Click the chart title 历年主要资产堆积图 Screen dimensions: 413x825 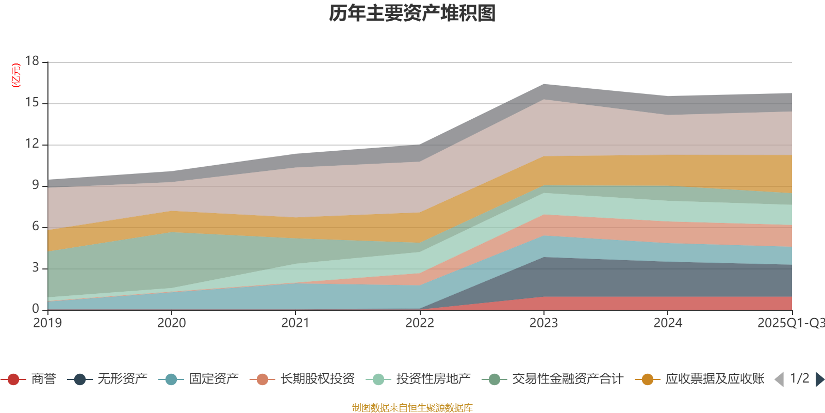click(x=412, y=13)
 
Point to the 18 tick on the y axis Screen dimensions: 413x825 click(x=32, y=61)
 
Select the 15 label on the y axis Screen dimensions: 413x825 click(x=32, y=103)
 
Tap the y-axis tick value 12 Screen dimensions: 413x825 click(x=32, y=144)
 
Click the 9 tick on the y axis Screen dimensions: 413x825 click(x=36, y=185)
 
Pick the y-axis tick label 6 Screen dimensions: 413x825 click(x=36, y=226)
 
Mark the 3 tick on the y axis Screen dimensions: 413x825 click(x=36, y=267)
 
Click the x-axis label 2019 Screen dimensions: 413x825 click(x=47, y=323)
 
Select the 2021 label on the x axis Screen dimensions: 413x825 click(x=295, y=323)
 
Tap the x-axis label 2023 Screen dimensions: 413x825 click(x=543, y=323)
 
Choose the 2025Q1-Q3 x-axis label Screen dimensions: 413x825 click(x=790, y=323)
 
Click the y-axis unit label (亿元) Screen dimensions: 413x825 click(x=16, y=75)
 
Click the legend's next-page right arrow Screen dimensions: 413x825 click(x=819, y=379)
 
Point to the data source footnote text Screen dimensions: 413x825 click(x=412, y=408)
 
